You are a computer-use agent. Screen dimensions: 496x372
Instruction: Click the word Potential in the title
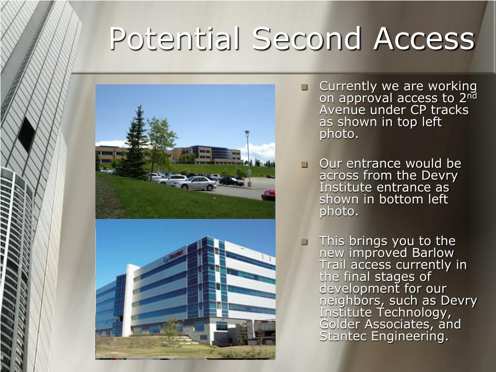[x=174, y=39]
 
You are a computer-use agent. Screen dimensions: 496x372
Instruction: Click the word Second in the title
[x=307, y=38]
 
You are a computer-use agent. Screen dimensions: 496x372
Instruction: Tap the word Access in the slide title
[x=424, y=38]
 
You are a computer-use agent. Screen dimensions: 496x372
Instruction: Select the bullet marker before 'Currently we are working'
[x=305, y=87]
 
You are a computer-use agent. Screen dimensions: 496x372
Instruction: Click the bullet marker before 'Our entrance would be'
[x=305, y=165]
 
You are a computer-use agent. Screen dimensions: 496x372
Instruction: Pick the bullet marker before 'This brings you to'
[x=305, y=242]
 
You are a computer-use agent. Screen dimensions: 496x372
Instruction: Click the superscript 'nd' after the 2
[x=472, y=95]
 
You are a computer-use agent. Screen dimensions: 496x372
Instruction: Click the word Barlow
[x=433, y=253]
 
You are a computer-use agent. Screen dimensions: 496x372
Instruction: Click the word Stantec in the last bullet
[x=343, y=336]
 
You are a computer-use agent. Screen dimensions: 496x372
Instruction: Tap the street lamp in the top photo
[x=248, y=158]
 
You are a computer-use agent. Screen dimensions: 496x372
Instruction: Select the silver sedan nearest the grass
[x=194, y=184]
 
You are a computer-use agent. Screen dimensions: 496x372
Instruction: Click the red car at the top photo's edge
[x=268, y=195]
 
